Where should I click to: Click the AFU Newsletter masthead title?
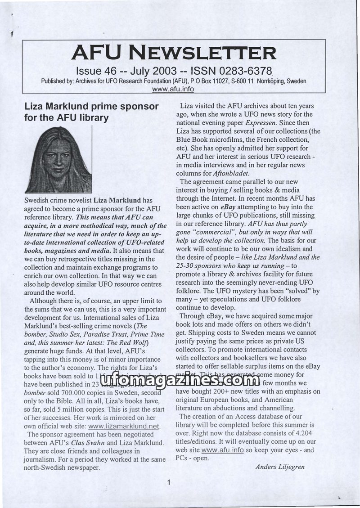pos(174,53)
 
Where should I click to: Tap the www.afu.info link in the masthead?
pos(173,89)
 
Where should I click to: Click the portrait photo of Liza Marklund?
pos(58,160)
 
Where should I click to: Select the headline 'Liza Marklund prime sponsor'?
pos(91,107)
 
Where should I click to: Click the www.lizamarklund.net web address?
pos(124,426)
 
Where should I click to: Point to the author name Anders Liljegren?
pos(280,467)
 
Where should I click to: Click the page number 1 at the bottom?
pos(168,484)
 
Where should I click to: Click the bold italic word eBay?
pos(228,207)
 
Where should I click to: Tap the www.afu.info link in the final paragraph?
pos(219,450)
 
